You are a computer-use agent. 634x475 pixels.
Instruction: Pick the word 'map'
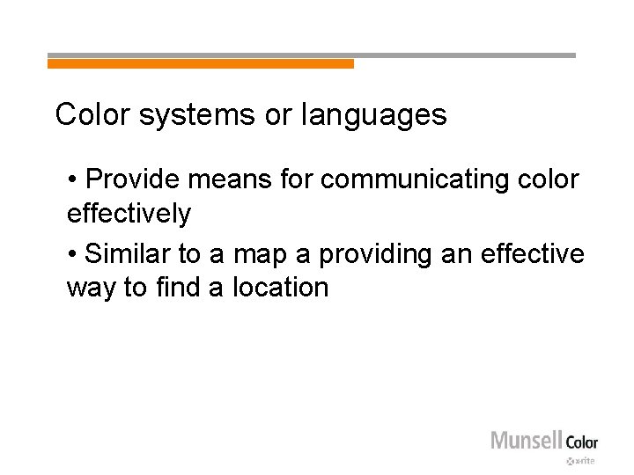[x=265, y=254]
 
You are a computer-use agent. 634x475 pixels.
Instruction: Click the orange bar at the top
[x=201, y=63]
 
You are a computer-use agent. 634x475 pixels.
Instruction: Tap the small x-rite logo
[x=581, y=460]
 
